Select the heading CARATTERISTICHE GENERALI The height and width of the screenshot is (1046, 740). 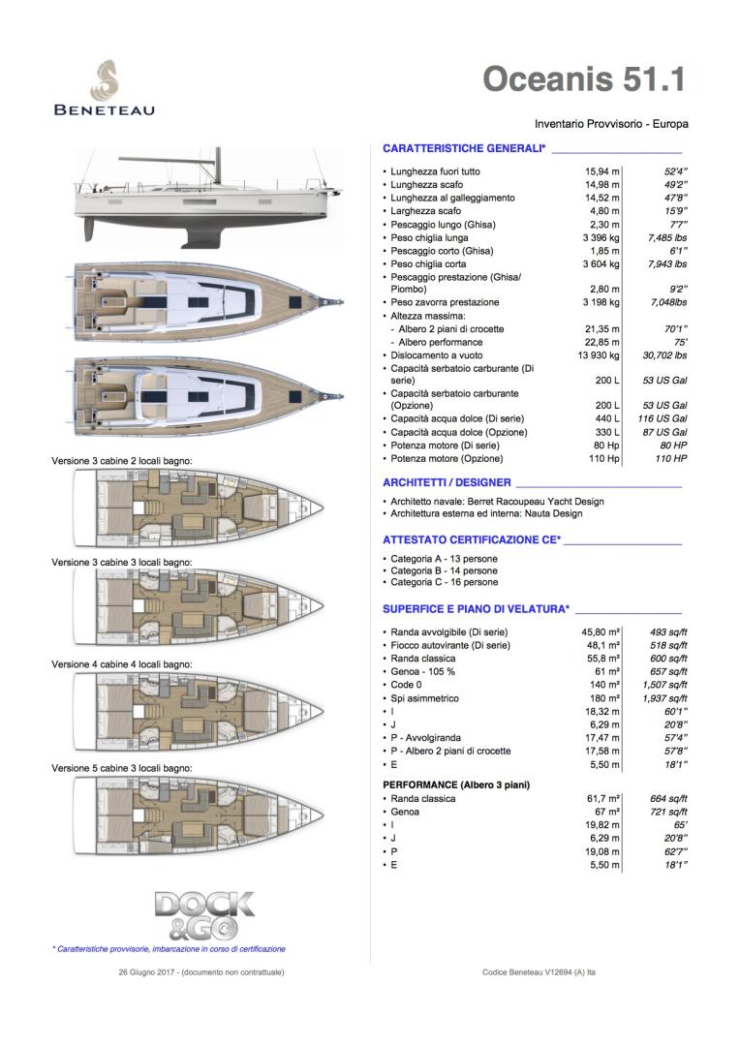pos(464,148)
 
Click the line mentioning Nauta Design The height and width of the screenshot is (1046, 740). pos(486,513)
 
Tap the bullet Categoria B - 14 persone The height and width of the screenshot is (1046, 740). pos(445,569)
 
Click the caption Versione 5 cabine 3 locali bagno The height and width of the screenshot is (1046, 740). pos(122,767)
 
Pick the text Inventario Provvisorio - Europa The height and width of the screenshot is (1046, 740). pos(610,124)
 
